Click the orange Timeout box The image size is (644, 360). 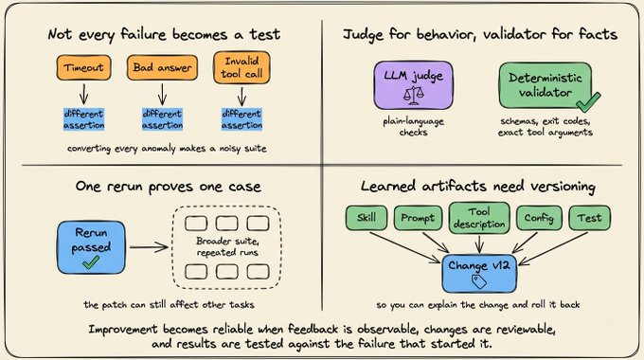pos(83,67)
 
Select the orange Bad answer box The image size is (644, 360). pos(162,67)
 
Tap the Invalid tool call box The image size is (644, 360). pos(241,67)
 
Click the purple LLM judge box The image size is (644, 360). pos(413,85)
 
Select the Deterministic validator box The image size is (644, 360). pos(546,85)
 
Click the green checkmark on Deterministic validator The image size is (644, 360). pos(588,102)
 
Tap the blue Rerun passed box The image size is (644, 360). pos(91,247)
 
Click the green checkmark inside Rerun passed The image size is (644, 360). pos(91,262)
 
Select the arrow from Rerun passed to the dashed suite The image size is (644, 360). pos(149,247)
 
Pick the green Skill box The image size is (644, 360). pos(367,218)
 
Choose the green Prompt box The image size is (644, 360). pos(418,218)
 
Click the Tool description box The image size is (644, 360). pos(479,218)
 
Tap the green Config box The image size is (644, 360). pos(539,218)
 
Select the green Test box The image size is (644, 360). pos(589,218)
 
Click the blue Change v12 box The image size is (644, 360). pos(479,273)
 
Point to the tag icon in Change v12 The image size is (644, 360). pos(479,281)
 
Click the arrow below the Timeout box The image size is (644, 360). pos(83,94)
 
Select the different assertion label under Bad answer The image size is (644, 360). pos(162,119)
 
